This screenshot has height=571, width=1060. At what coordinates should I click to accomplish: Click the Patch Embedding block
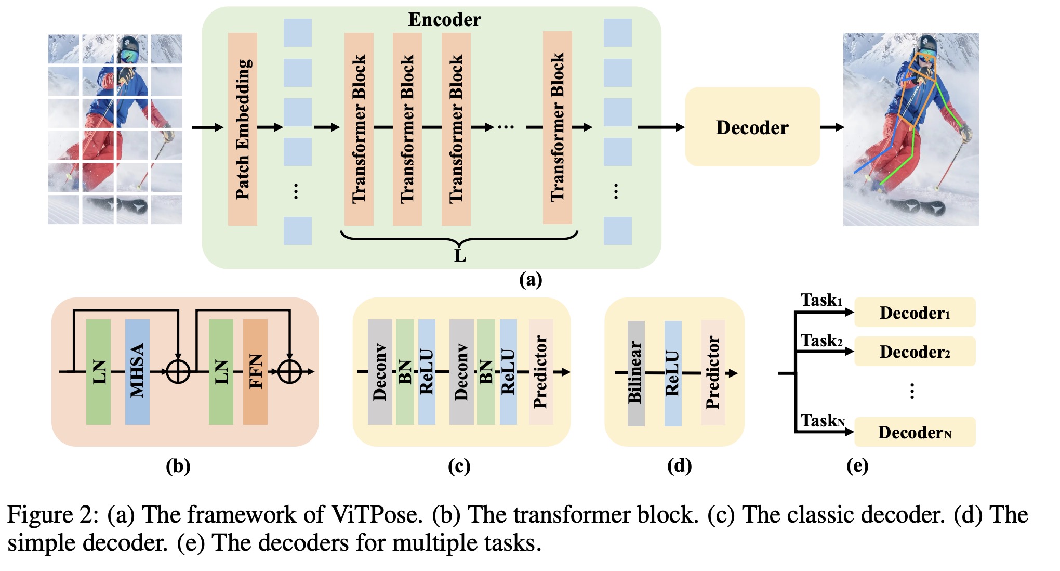[243, 129]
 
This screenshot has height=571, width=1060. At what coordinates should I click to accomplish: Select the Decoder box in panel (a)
[752, 127]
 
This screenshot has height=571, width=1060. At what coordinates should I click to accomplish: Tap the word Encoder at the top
[444, 20]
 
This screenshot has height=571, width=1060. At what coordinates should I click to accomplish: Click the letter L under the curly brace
[460, 256]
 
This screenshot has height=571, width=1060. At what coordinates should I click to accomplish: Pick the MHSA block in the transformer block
[137, 371]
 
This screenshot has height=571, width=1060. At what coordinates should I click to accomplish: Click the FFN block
[255, 371]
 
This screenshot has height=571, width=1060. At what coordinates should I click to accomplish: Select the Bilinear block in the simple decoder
[635, 373]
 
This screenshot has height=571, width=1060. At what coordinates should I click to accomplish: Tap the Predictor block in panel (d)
[712, 373]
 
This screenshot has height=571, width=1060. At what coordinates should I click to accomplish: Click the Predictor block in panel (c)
[540, 371]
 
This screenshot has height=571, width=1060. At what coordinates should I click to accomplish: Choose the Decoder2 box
[915, 352]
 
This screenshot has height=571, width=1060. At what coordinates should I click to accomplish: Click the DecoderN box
[915, 432]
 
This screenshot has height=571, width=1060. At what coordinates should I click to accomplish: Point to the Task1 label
[821, 301]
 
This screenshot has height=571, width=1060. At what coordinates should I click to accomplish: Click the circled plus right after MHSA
[178, 371]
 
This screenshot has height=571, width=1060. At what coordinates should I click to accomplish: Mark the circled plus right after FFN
[289, 371]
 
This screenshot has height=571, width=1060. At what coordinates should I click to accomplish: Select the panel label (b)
[178, 466]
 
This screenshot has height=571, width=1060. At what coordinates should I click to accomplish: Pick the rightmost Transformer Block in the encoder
[557, 127]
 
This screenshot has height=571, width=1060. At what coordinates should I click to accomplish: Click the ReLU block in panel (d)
[672, 373]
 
